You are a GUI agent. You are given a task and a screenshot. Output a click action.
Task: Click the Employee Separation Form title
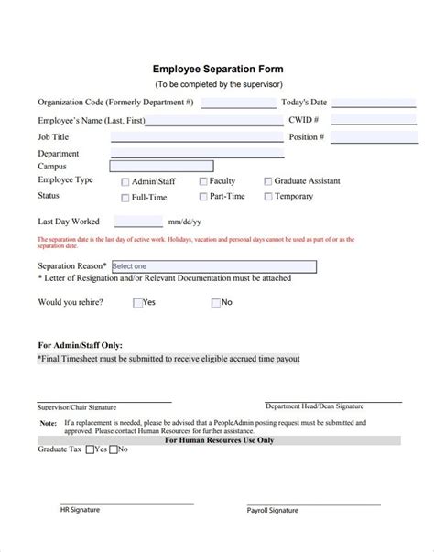[x=217, y=69]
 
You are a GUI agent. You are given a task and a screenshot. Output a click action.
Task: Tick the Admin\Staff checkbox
[x=125, y=182]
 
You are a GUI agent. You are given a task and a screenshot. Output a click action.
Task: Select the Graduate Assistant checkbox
[x=267, y=182]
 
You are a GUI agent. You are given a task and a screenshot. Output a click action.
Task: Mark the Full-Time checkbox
[x=125, y=197]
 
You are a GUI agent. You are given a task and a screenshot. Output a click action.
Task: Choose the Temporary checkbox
[x=267, y=197]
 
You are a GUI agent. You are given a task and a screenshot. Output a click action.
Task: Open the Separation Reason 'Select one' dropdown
[x=212, y=266]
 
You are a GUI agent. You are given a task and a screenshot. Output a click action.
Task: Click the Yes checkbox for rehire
[x=137, y=302]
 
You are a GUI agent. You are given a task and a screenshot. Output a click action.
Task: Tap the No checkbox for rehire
[x=215, y=302]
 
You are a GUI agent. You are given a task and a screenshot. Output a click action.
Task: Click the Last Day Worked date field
[x=137, y=222]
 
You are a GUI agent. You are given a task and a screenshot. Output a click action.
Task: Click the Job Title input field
[x=197, y=137]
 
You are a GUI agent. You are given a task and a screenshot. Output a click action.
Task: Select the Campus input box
[x=160, y=167]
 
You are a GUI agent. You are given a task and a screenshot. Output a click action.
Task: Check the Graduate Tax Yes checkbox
[x=90, y=450]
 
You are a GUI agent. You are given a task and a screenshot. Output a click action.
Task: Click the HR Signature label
[x=80, y=510]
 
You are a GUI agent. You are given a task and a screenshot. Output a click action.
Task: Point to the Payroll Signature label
[x=273, y=510]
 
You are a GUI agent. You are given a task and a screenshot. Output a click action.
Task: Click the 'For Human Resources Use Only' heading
[x=219, y=440]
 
